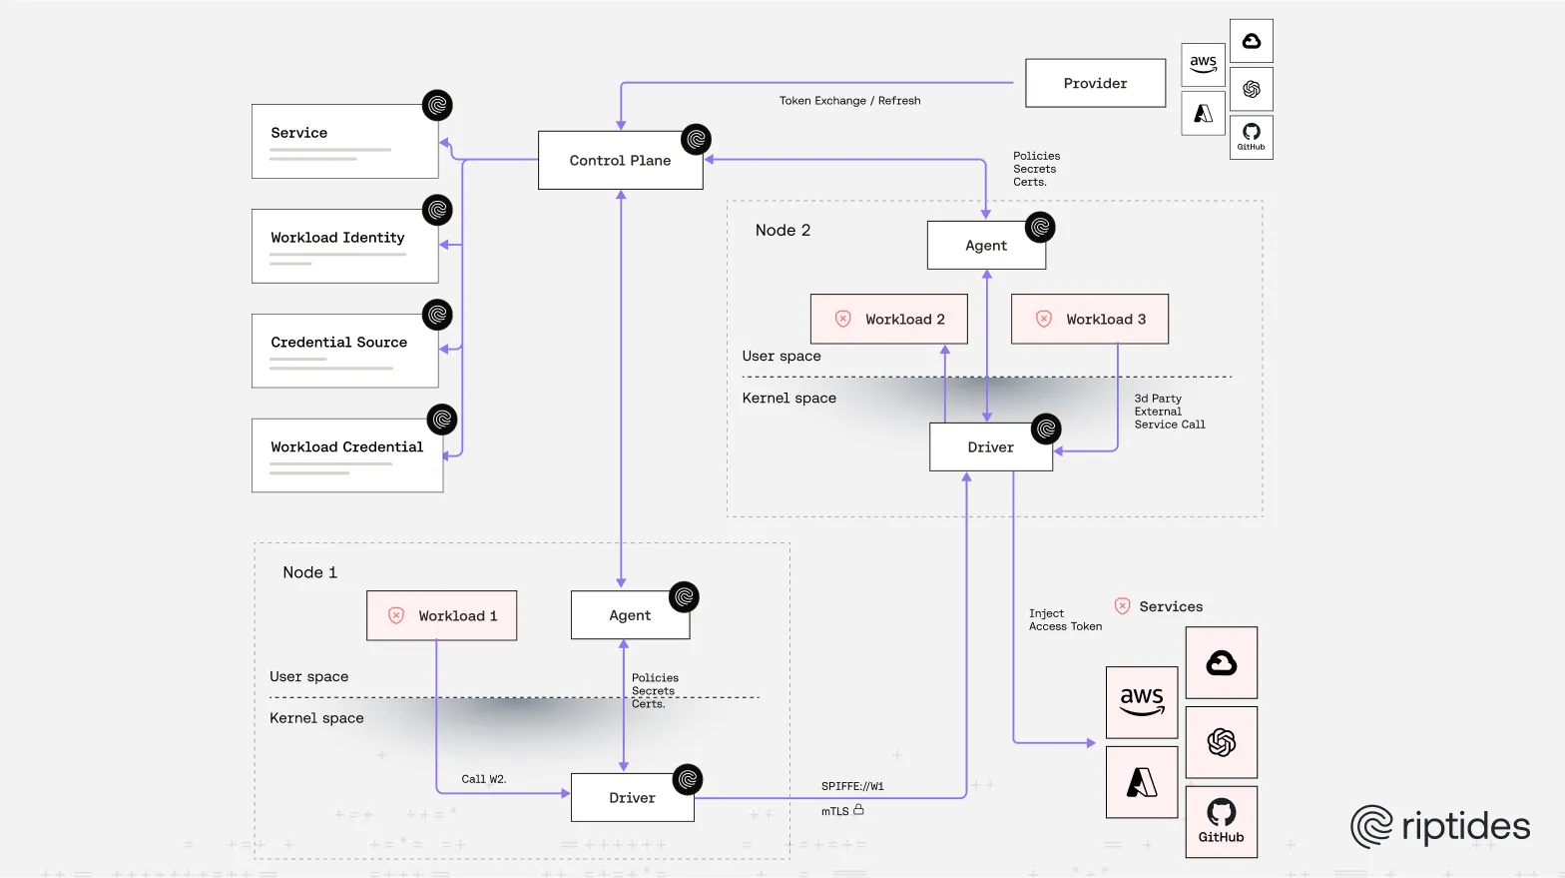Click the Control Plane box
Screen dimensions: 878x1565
pos(620,161)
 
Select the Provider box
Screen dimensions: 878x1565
pos(1095,84)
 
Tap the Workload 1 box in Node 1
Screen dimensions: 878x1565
pos(442,616)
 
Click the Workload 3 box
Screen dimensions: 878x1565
pos(1090,320)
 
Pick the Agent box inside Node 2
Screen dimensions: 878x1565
pos(986,246)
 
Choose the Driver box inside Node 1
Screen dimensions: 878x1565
pos(632,798)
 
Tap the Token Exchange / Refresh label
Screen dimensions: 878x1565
pos(849,101)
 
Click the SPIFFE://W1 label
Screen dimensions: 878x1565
pos(852,786)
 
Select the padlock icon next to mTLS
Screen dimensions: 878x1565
pos(858,810)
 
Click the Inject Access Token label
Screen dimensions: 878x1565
pos(1065,620)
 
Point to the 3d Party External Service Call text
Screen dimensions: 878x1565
pos(1169,412)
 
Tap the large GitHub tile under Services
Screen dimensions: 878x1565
pos(1221,821)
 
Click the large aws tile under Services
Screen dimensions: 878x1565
pos(1142,702)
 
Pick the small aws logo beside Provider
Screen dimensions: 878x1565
pos(1203,64)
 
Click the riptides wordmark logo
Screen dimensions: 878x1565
pos(1440,827)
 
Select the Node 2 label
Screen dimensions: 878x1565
pos(782,231)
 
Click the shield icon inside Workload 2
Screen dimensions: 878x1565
pos(843,320)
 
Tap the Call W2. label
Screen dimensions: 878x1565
pos(483,779)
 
